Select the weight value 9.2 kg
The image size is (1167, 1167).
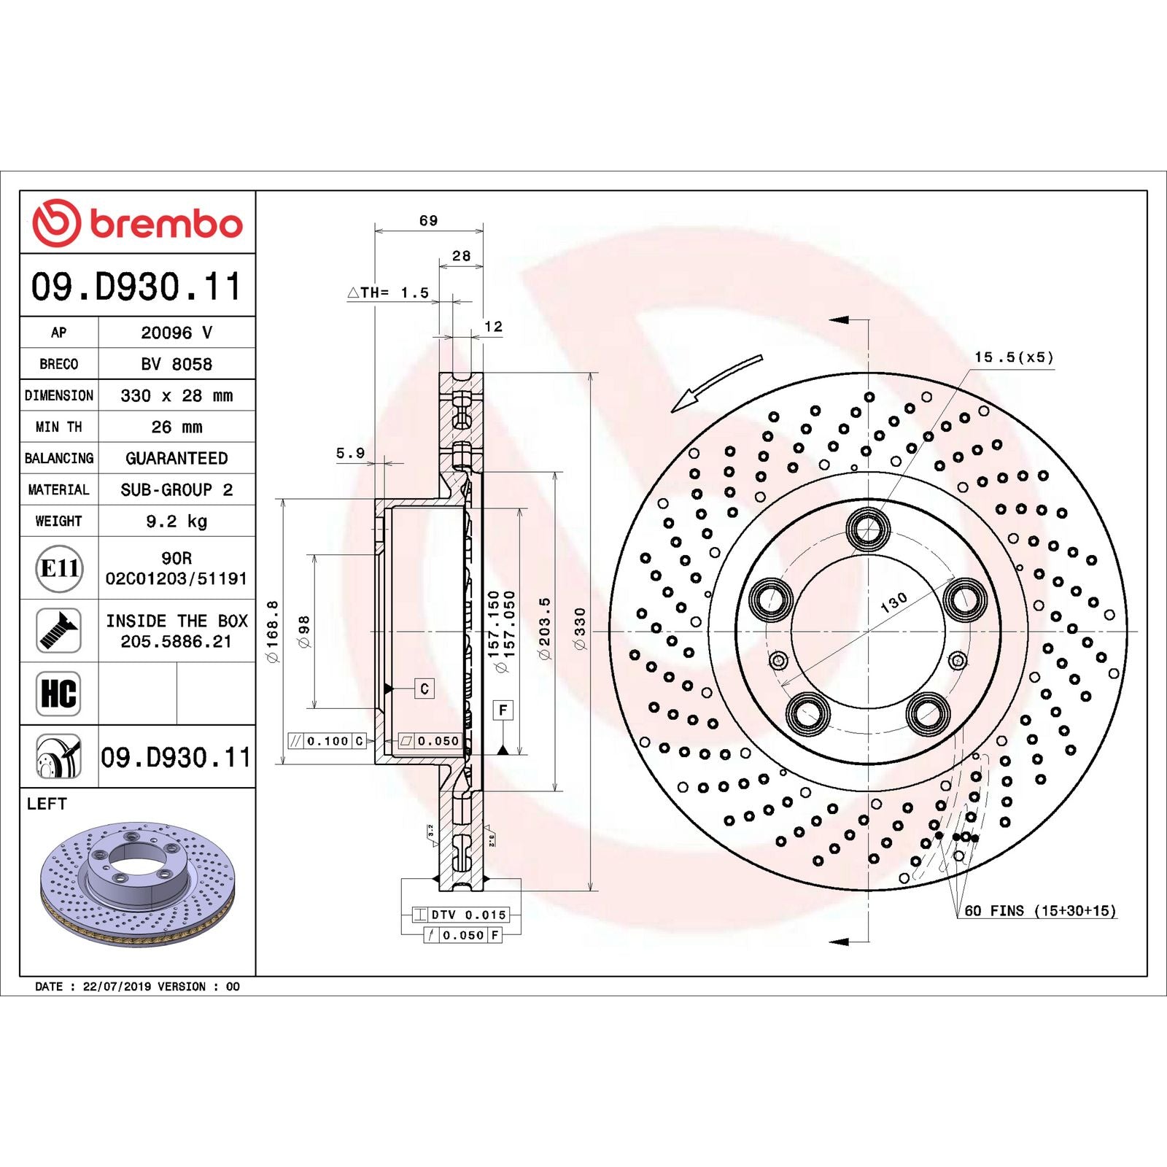click(x=177, y=522)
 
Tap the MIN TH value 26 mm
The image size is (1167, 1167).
click(x=177, y=427)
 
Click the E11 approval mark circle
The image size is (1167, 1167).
click(x=59, y=568)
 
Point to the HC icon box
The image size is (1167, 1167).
click(x=58, y=694)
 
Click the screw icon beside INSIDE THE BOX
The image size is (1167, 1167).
click(x=58, y=631)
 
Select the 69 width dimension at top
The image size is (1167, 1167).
click(x=428, y=220)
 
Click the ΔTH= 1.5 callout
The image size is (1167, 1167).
click(x=388, y=292)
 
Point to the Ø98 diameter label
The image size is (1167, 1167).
click(x=304, y=632)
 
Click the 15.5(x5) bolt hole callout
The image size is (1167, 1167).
click(x=1013, y=357)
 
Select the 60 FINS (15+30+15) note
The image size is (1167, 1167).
click(x=1039, y=911)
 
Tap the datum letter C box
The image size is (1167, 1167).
click(x=424, y=689)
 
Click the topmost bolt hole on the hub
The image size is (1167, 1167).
click(x=868, y=528)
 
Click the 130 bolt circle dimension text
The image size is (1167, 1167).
click(x=893, y=602)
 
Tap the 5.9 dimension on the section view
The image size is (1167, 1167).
click(x=350, y=454)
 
